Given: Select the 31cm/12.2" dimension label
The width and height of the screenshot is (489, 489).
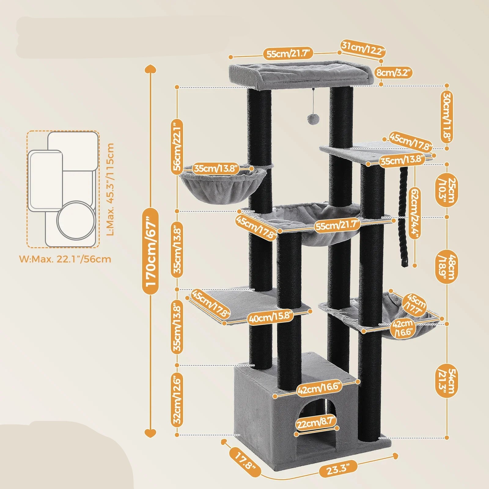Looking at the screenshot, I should point(363,48).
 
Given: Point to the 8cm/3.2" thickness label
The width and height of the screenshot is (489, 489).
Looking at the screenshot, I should point(395,73).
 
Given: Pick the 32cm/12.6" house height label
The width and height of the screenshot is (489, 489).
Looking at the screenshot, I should point(178,400).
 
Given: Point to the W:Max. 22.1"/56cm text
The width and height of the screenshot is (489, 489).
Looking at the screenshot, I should point(65,259).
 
